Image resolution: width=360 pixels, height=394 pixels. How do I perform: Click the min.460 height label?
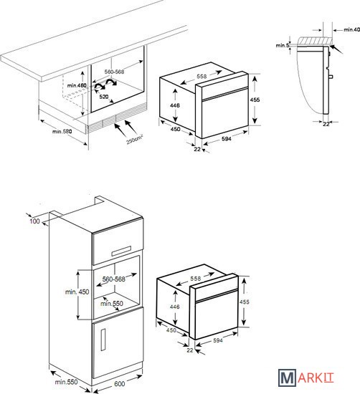[x=77, y=86]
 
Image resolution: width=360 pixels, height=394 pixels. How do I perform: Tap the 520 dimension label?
[x=104, y=97]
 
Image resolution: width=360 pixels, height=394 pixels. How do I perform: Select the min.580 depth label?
[x=62, y=131]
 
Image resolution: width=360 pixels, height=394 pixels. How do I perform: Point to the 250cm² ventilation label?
[x=135, y=140]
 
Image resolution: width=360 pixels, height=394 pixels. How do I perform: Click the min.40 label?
[x=351, y=29]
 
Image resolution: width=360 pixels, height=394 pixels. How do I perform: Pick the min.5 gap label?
[x=283, y=45]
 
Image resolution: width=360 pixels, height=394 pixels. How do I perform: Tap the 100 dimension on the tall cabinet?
[x=34, y=221]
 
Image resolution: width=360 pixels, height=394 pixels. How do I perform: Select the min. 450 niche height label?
[x=77, y=292]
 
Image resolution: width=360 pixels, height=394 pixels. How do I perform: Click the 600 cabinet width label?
[x=120, y=384]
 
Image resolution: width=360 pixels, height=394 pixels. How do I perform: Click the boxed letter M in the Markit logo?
[x=287, y=378]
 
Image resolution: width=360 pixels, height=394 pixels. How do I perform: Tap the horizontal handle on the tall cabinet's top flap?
[x=121, y=251]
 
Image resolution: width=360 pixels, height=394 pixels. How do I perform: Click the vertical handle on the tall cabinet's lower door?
[x=103, y=340]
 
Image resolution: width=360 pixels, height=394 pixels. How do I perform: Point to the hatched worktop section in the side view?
[x=315, y=40]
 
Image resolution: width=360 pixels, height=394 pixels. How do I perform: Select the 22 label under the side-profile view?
[x=326, y=124]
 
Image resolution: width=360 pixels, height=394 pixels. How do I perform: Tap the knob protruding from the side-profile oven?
[x=331, y=77]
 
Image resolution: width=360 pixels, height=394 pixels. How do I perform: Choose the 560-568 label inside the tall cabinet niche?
[x=114, y=279]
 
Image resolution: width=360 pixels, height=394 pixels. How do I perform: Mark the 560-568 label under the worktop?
[x=115, y=72]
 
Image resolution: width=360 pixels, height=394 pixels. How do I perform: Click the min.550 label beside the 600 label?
[x=67, y=382]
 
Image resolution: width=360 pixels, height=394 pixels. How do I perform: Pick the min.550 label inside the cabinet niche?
[x=112, y=304]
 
